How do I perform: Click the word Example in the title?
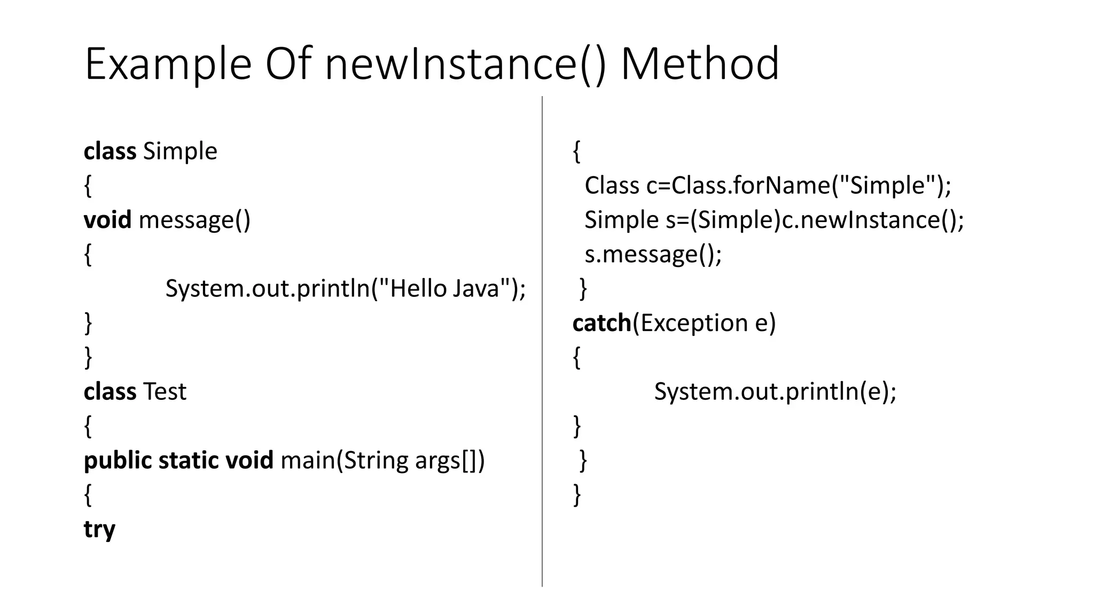click(168, 64)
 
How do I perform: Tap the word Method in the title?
click(700, 64)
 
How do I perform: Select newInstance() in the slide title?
click(465, 64)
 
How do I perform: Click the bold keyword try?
click(99, 529)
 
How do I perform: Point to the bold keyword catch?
click(601, 323)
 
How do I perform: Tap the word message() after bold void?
click(194, 220)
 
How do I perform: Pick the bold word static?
click(189, 460)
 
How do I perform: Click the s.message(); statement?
click(653, 254)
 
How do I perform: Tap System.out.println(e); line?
click(775, 391)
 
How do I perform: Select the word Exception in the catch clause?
click(693, 323)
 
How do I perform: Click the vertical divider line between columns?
click(542, 342)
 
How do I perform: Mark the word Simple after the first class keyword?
click(180, 151)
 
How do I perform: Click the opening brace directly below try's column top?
click(576, 152)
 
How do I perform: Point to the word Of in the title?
click(288, 64)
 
